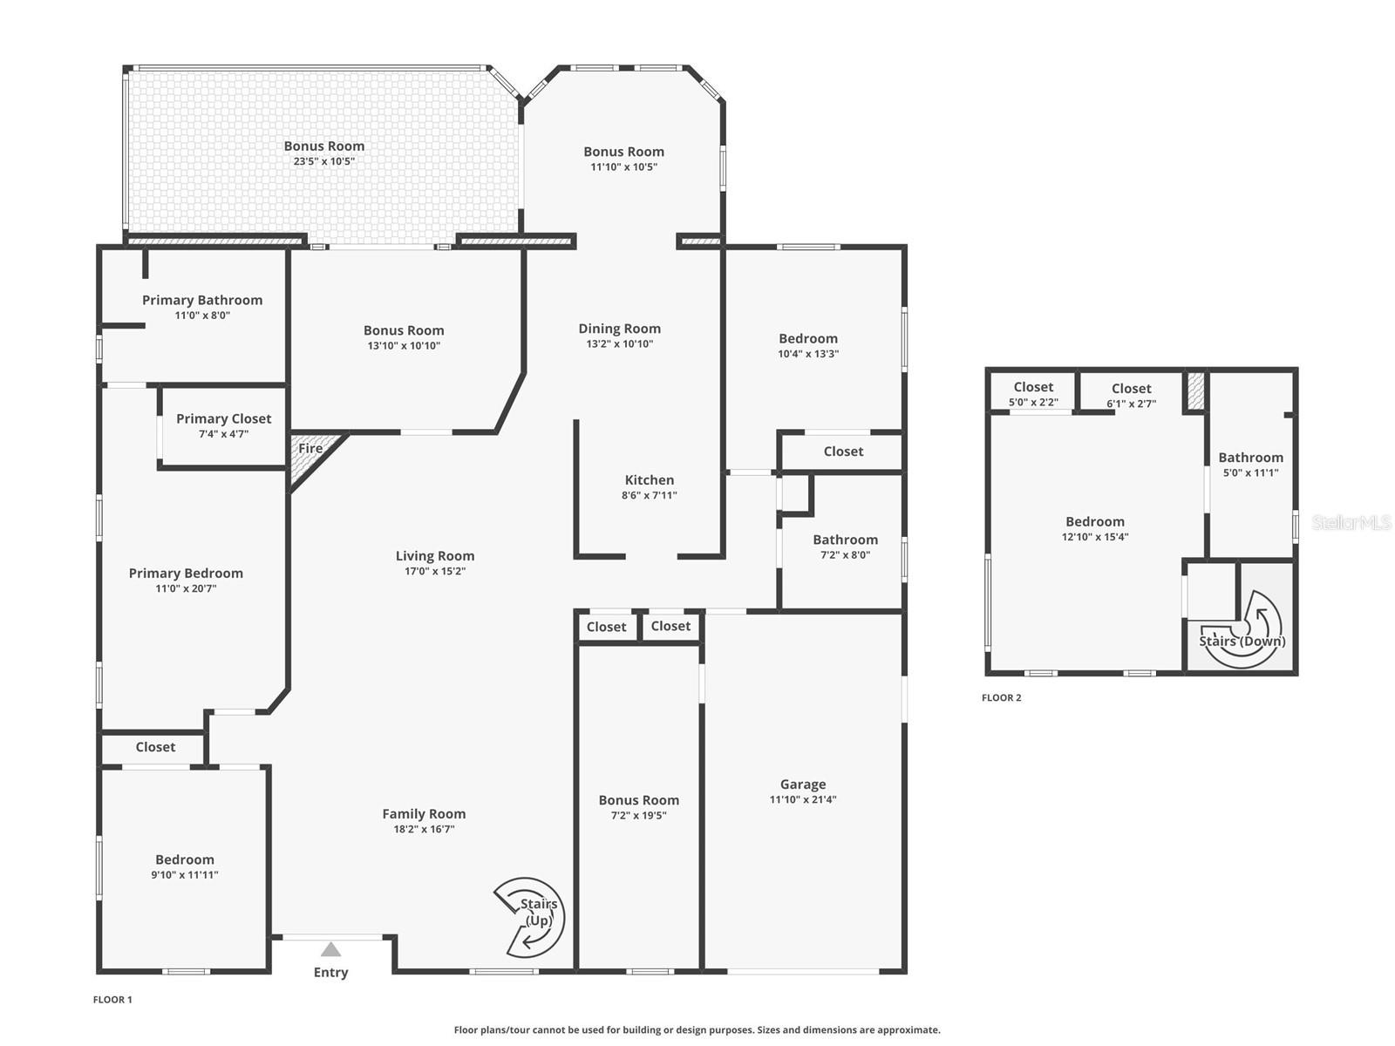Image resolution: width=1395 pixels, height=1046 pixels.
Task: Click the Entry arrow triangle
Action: coord(330,949)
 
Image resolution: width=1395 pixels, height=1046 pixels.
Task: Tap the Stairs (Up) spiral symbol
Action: coord(529,917)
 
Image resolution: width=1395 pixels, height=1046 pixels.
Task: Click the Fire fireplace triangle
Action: coord(310,454)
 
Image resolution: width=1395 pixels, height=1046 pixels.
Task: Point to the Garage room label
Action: coord(802,784)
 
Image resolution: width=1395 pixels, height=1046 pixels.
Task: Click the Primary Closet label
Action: coord(223,418)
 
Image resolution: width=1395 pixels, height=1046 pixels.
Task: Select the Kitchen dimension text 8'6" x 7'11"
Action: coord(650,495)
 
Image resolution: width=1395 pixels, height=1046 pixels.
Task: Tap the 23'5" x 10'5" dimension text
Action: coord(323,161)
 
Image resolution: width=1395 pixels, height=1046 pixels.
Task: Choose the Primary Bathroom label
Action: coord(202,300)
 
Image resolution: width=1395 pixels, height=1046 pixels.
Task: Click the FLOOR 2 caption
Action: coord(1001,697)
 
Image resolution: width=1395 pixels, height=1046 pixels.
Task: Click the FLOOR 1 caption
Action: coord(112,1000)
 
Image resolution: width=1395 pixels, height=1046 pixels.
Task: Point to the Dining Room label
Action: coord(619,329)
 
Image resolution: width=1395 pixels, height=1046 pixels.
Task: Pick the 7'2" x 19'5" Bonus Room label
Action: coord(638,800)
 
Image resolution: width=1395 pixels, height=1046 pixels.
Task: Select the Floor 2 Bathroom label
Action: coord(1250,458)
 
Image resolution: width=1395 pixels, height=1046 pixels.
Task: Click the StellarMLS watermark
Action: coord(1351,523)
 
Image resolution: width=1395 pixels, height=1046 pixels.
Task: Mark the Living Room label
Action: coord(434,556)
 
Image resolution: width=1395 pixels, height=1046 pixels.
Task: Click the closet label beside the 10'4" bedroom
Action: coord(843,452)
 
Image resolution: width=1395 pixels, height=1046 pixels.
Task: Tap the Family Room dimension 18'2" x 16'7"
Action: coord(424,829)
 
